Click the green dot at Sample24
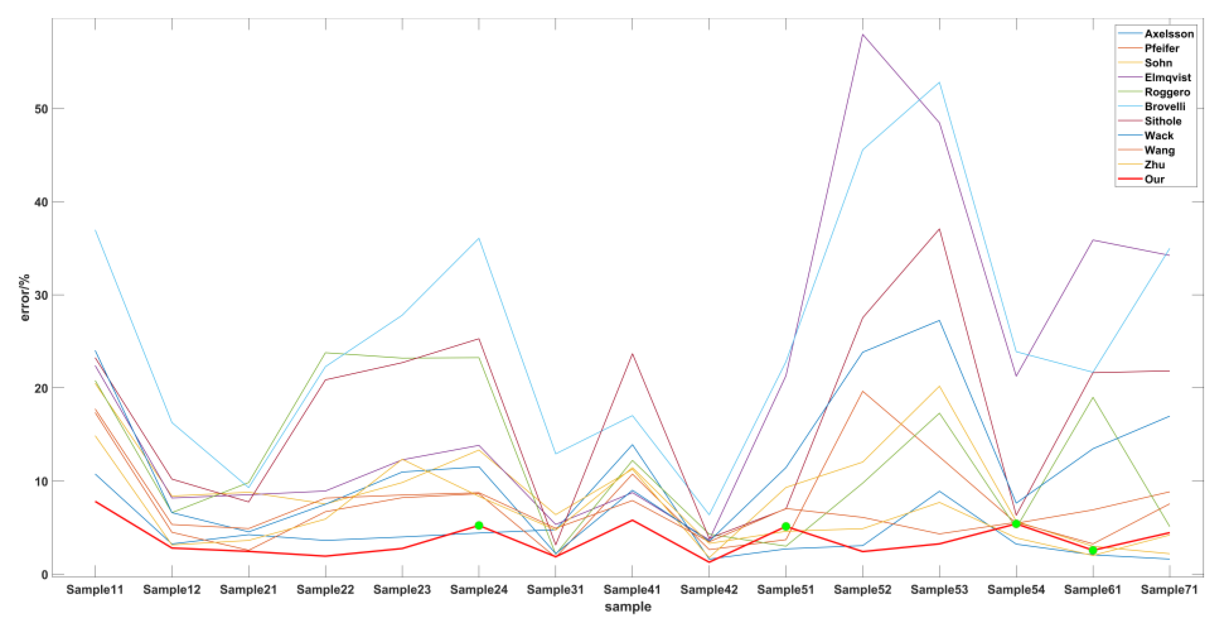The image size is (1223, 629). click(x=479, y=525)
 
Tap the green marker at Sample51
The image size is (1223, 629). click(x=786, y=526)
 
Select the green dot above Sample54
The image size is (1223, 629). click(x=1016, y=523)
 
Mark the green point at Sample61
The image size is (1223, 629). click(x=1093, y=550)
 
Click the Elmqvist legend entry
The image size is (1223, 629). click(x=1168, y=77)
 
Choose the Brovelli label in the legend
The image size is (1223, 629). click(x=1165, y=106)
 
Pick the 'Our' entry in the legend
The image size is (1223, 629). click(x=1154, y=179)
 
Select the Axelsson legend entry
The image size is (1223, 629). click(x=1169, y=34)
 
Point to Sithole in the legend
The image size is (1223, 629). click(x=1163, y=121)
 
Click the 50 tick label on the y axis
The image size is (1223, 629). click(x=41, y=109)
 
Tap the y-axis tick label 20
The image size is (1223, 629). click(x=41, y=388)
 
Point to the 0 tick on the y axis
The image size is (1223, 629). click(x=45, y=574)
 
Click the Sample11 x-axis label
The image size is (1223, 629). click(x=95, y=589)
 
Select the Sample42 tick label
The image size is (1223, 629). click(x=709, y=589)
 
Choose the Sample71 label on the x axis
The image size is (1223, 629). click(x=1169, y=589)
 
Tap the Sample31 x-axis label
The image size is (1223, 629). click(x=555, y=589)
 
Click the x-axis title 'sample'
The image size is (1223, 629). click(x=628, y=607)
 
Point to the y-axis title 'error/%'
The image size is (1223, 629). click(x=25, y=298)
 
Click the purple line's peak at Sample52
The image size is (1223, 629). click(x=863, y=34)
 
